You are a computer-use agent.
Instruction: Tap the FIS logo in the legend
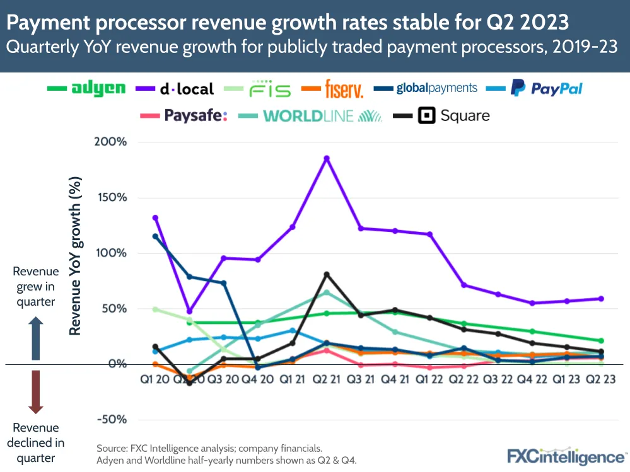[x=269, y=89]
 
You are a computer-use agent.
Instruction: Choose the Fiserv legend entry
[x=344, y=89]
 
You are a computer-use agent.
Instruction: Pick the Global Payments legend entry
[x=436, y=88]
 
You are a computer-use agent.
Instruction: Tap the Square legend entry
[x=455, y=115]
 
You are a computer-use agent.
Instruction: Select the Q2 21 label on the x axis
[x=326, y=380]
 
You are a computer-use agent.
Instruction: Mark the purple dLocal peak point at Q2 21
[x=327, y=158]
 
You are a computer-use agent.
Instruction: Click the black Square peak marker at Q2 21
[x=327, y=274]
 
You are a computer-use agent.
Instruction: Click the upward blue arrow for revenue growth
[x=36, y=338]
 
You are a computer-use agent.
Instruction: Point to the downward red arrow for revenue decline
[x=36, y=392]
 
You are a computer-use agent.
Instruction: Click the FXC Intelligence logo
[x=566, y=456]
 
